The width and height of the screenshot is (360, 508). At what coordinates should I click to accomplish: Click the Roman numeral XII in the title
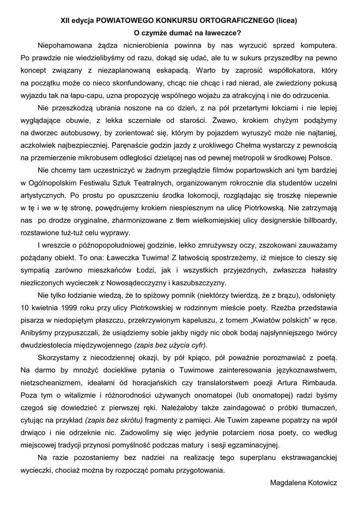(x=65, y=21)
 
